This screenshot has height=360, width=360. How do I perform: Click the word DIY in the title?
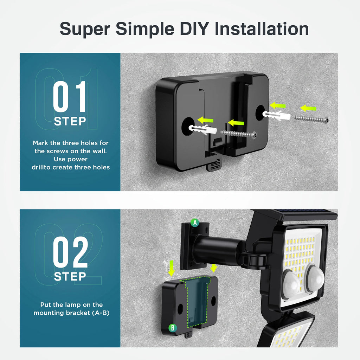click(194, 29)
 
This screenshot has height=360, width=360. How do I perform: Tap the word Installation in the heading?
click(262, 29)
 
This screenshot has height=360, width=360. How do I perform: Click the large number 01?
click(69, 97)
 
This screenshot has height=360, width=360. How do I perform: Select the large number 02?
click(70, 252)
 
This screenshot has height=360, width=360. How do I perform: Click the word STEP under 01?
click(70, 121)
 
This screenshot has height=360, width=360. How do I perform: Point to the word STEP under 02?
click(70, 276)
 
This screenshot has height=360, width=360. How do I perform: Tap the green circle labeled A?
click(195, 223)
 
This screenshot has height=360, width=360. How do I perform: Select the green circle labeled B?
click(173, 328)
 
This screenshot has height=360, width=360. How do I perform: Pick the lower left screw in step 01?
click(238, 134)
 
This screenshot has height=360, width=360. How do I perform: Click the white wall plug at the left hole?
click(202, 130)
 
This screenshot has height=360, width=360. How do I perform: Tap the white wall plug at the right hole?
click(276, 115)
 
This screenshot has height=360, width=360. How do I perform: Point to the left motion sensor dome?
click(291, 285)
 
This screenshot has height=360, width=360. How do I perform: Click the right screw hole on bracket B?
click(213, 301)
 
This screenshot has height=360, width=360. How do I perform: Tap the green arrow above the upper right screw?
click(308, 108)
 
